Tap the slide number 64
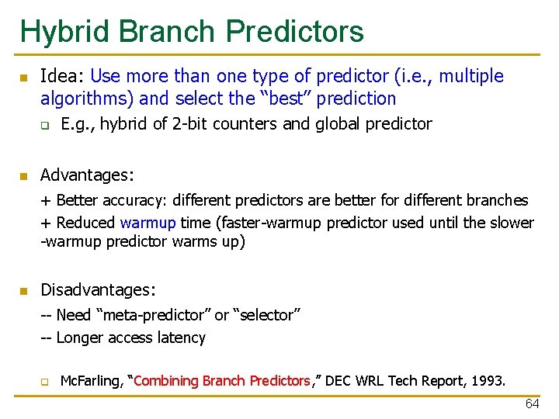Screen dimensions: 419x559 pos(532,404)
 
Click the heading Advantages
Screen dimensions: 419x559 pos(87,175)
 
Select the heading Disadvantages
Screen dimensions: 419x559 pos(98,289)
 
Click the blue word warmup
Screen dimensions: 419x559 pos(148,223)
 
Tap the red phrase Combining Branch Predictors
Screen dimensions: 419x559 pos(223,381)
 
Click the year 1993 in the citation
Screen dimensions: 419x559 pos(488,381)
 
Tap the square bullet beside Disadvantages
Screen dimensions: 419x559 pos(24,291)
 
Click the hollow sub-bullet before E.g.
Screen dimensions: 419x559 pos(45,125)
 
